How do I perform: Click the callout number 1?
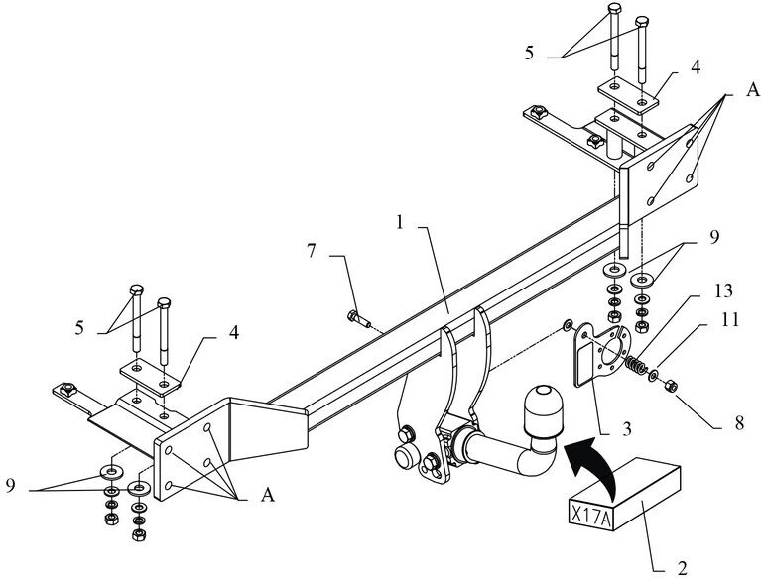(x=400, y=223)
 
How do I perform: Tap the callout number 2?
(x=682, y=567)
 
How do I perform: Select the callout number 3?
(x=627, y=429)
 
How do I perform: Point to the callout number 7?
(x=312, y=251)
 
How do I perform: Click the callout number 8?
(x=739, y=423)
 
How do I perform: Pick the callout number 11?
(x=729, y=320)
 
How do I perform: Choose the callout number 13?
(x=722, y=290)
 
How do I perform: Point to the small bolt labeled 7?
(x=358, y=319)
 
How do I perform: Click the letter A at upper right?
(x=753, y=89)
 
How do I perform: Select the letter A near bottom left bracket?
(x=268, y=496)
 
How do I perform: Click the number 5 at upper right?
(x=529, y=53)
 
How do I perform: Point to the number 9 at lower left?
(x=12, y=486)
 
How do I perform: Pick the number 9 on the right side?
(x=714, y=237)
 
